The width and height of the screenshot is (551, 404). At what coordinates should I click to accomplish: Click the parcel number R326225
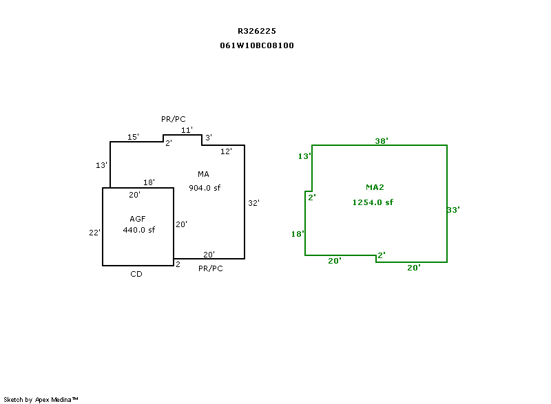point(257,31)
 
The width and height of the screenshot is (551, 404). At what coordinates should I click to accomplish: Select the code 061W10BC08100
point(257,45)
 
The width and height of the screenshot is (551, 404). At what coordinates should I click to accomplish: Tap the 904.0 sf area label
point(205,187)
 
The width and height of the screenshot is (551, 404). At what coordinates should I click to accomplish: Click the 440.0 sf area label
point(139,230)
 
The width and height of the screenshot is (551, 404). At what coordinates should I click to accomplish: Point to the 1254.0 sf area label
point(373,202)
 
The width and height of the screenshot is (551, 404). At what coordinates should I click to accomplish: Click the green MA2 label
point(375,187)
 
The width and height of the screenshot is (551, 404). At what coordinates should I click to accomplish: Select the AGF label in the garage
point(138,219)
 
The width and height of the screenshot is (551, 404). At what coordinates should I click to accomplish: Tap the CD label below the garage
point(136,274)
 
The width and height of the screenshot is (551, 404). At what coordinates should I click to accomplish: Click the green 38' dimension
point(382,140)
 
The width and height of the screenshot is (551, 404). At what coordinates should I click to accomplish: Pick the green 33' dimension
point(453,210)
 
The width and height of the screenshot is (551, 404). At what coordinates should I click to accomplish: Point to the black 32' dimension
point(253,203)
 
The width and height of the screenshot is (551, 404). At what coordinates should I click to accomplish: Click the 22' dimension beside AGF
point(95,233)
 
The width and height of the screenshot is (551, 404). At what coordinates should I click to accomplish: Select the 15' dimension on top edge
point(134,137)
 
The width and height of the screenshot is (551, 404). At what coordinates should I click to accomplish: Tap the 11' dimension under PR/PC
point(187,129)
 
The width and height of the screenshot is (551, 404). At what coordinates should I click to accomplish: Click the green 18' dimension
point(298,234)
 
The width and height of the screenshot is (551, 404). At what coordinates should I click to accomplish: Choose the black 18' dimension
point(149,182)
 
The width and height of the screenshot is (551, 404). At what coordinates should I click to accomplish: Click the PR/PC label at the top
point(174,119)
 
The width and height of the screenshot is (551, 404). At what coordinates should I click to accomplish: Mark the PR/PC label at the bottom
point(210,268)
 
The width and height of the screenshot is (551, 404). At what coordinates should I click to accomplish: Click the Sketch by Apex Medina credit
point(41,399)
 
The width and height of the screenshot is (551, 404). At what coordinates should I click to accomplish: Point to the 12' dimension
point(226,151)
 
